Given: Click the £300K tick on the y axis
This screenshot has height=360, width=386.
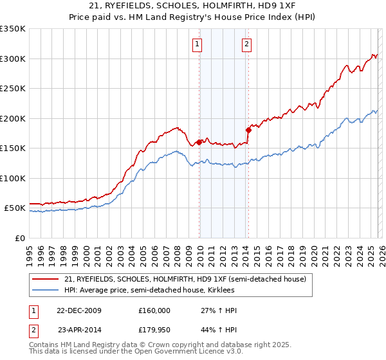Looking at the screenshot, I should pyautogui.click(x=13, y=59).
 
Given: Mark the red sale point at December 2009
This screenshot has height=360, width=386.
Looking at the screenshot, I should pyautogui.click(x=199, y=142).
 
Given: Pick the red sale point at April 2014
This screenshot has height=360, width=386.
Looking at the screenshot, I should pyautogui.click(x=248, y=130).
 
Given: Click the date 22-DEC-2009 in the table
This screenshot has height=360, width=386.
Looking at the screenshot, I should pyautogui.click(x=79, y=310).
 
